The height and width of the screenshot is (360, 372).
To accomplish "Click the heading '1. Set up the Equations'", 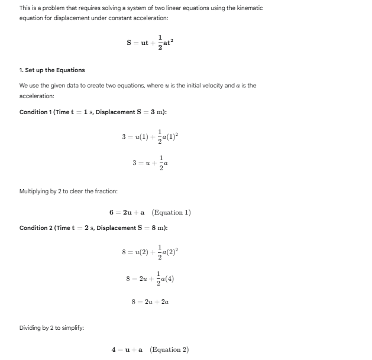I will pos(52,70).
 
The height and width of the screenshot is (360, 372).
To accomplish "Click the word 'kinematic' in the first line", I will pos(248,8).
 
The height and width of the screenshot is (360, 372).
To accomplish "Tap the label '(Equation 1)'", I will pos(172,212).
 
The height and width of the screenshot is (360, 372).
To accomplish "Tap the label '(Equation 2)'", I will pos(170,349).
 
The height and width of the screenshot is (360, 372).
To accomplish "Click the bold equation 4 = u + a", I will pos(128,349).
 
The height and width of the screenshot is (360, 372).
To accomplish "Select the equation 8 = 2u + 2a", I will pos(150,301).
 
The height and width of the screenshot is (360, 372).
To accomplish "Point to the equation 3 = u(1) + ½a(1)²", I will pos(150,137).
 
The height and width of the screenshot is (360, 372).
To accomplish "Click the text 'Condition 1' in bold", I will pos(35,112).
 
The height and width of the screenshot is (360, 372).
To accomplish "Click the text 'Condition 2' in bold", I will pos(35,228).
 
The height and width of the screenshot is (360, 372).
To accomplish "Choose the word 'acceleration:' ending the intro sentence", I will pos(36,96).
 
